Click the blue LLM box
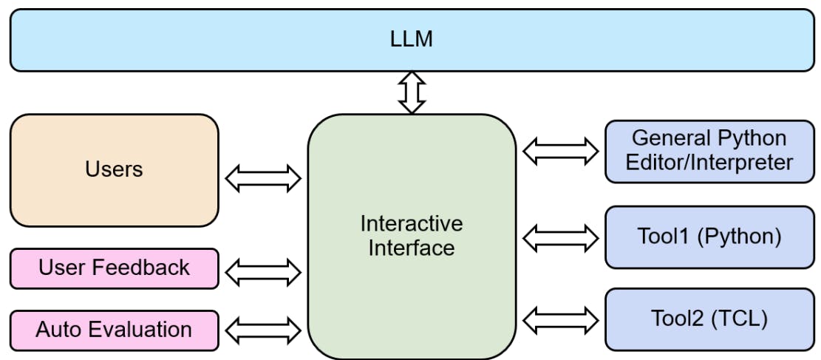410,40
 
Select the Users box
115,170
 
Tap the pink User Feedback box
115,268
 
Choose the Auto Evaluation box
115,330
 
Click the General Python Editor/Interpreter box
709,150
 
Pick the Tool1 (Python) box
709,237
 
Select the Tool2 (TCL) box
709,319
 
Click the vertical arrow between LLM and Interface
412,92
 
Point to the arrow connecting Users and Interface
263,178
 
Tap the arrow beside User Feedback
263,272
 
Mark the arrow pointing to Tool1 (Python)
561,237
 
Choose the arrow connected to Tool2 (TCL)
561,320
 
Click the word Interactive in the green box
412,223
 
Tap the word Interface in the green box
412,248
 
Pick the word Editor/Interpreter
709,162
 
